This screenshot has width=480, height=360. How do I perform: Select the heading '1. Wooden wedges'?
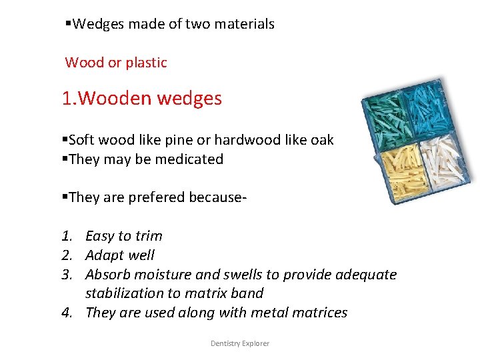point(141,99)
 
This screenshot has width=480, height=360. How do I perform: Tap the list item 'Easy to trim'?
point(124,236)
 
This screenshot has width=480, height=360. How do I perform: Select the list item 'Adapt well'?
point(120,255)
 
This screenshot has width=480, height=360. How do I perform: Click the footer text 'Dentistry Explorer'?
point(240,343)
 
